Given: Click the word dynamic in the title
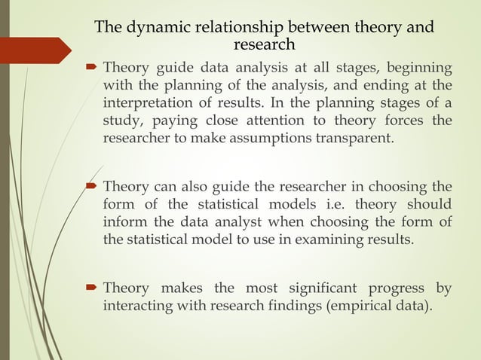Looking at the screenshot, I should [x=154, y=29].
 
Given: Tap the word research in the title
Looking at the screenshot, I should [x=265, y=45].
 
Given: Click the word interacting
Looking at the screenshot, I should [x=135, y=307].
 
